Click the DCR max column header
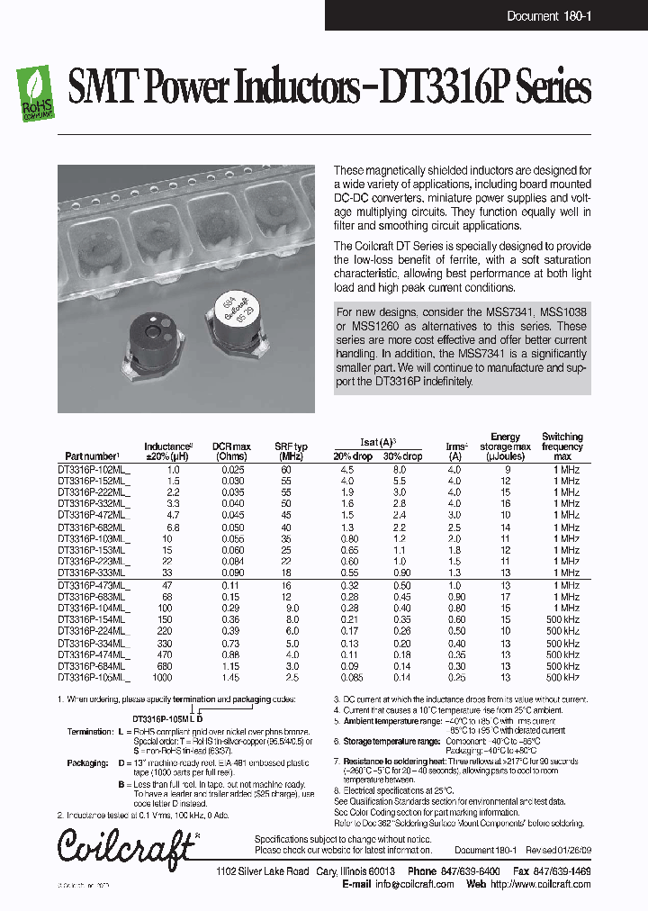(x=231, y=451)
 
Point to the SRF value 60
(x=285, y=470)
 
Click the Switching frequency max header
(x=562, y=446)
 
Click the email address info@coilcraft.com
(x=415, y=884)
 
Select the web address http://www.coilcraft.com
(x=541, y=884)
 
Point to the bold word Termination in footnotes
(x=91, y=733)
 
